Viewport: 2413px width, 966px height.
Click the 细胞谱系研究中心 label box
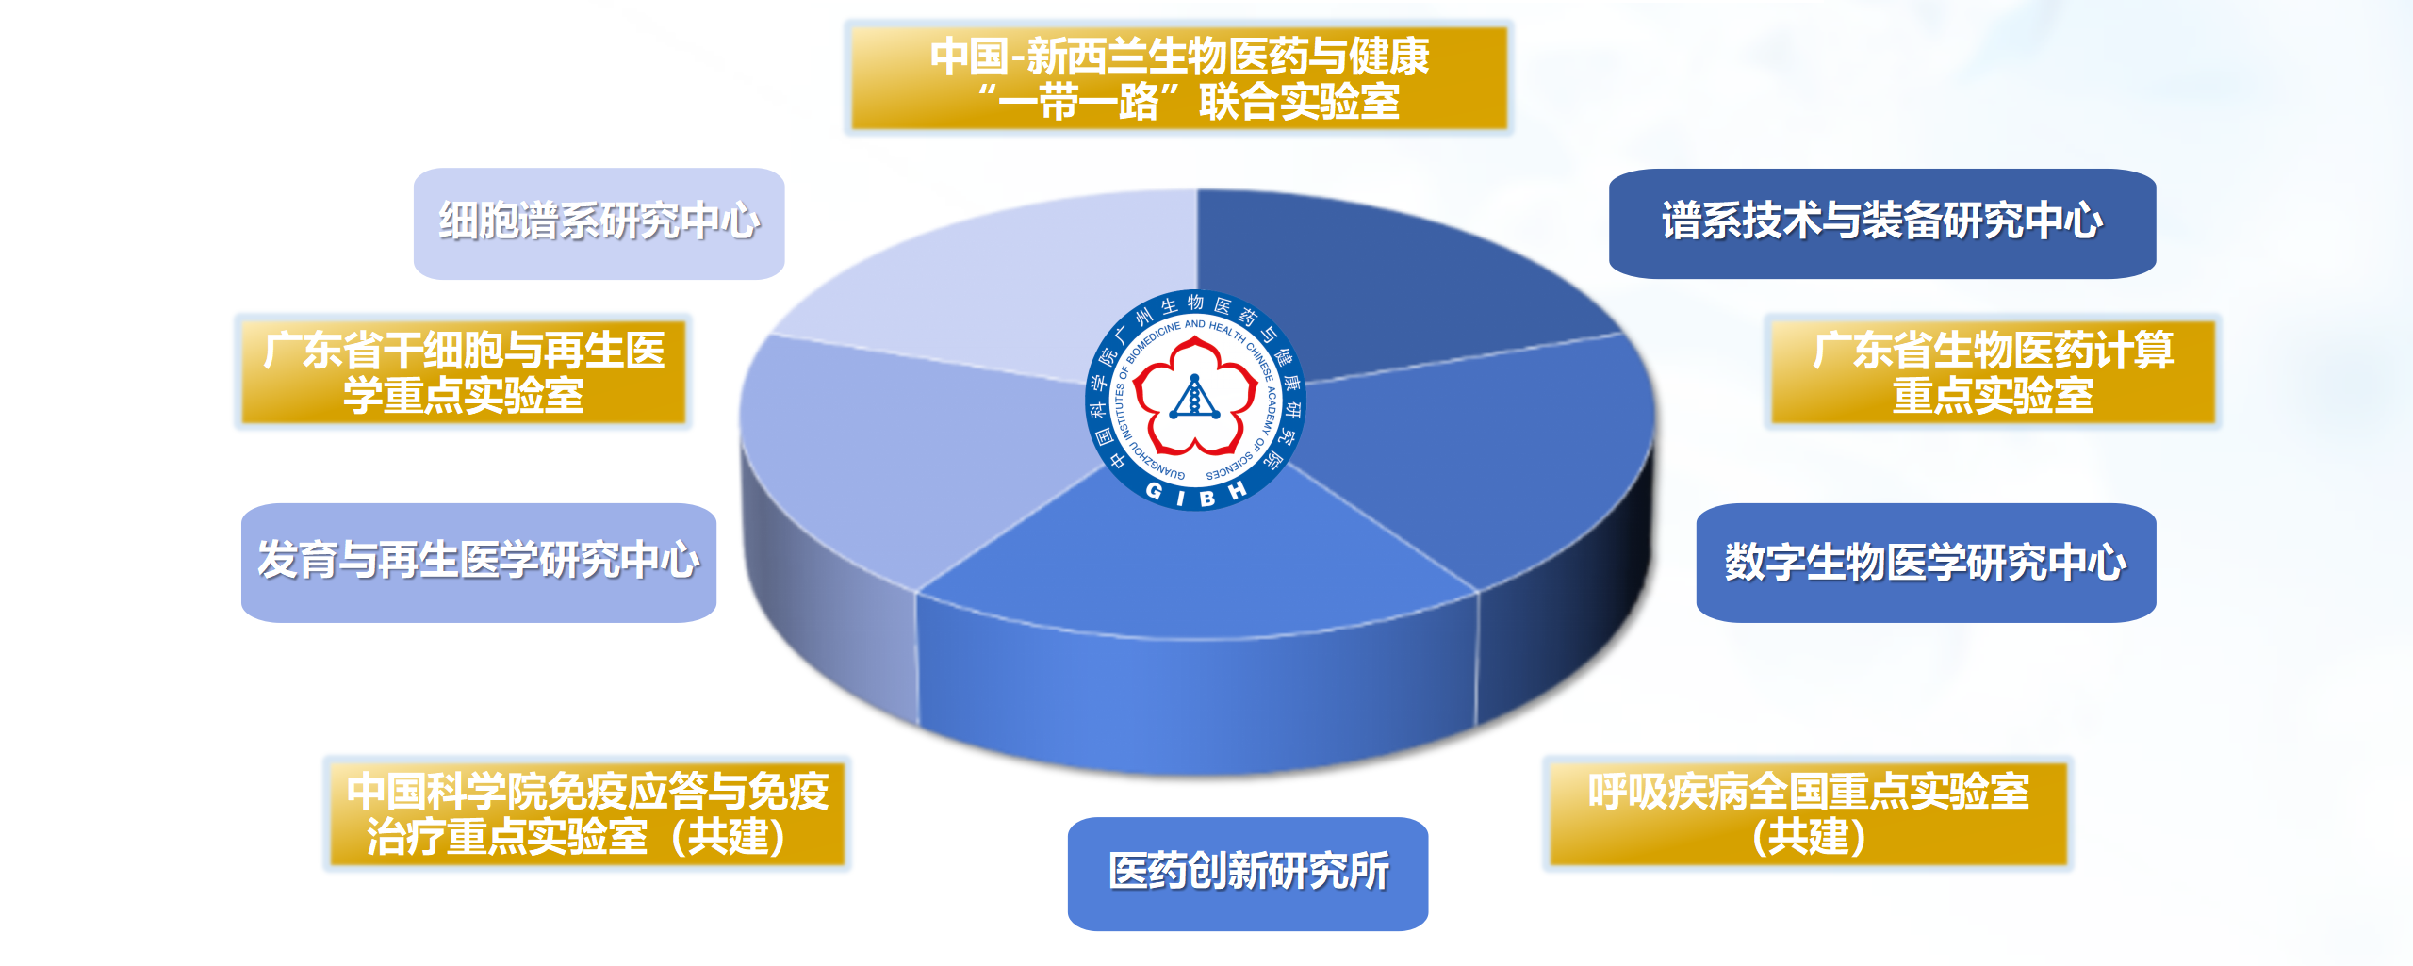(x=599, y=223)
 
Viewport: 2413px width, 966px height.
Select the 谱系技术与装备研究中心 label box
(x=1881, y=223)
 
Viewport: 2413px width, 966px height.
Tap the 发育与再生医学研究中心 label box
(x=479, y=562)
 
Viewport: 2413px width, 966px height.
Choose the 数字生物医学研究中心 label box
(x=1926, y=562)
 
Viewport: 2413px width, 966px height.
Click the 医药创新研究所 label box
(x=1248, y=873)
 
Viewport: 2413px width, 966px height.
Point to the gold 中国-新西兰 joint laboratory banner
(x=1178, y=78)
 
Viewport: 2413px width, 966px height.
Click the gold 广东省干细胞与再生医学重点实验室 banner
(x=463, y=372)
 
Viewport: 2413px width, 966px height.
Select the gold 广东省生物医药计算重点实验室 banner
(x=1993, y=372)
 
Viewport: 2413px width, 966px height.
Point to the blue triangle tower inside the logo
(x=1194, y=397)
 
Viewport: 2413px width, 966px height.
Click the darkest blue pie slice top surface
(x=1367, y=283)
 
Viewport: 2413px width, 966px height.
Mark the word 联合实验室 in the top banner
(x=1299, y=102)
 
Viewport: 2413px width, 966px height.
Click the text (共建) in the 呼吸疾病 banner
(x=1808, y=837)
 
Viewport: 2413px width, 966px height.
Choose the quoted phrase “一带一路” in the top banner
(x=1071, y=102)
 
